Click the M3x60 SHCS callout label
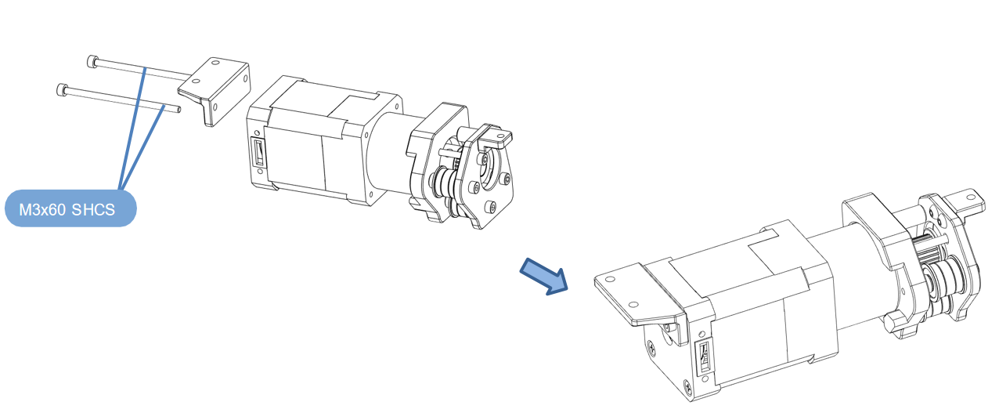click(x=70, y=208)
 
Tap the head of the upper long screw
click(x=92, y=62)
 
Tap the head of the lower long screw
click(x=62, y=89)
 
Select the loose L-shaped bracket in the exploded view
click(x=214, y=89)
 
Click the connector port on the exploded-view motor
click(x=258, y=152)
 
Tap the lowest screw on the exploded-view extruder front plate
click(x=492, y=207)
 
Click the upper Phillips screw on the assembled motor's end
click(x=652, y=346)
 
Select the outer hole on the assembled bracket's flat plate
click(x=611, y=280)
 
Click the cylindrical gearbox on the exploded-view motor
click(x=392, y=152)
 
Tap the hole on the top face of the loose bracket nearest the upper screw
click(x=215, y=63)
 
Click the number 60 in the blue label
click(x=56, y=209)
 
